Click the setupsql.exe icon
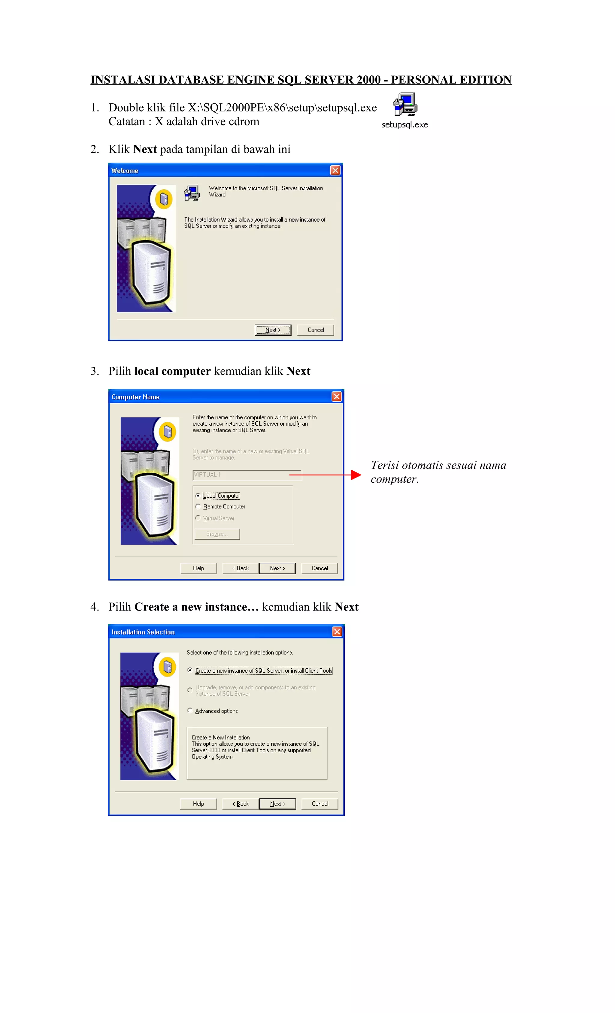(405, 105)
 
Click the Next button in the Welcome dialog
(273, 330)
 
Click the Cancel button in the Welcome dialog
(315, 330)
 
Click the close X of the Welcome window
(335, 170)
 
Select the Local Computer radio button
(198, 496)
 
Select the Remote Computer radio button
(198, 506)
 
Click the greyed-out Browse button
(217, 534)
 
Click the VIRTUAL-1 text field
(247, 475)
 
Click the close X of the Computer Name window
(336, 397)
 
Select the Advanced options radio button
(190, 710)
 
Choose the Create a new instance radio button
(190, 670)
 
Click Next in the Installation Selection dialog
(277, 804)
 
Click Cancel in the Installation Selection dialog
(320, 804)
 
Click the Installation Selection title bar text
(143, 632)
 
